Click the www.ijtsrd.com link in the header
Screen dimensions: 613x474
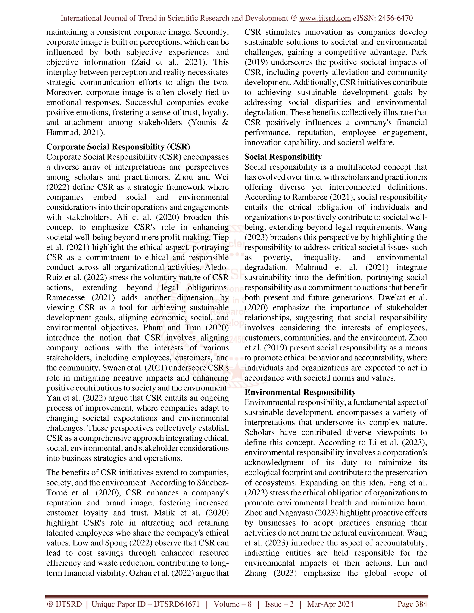click(x=325, y=18)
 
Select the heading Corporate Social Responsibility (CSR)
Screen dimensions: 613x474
click(x=118, y=147)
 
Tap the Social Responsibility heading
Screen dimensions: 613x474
click(x=283, y=157)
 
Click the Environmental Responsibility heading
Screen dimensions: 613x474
click(x=300, y=392)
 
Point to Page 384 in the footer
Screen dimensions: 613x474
click(x=412, y=604)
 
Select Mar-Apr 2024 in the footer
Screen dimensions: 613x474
click(x=330, y=604)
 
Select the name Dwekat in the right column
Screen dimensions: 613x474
click(x=392, y=297)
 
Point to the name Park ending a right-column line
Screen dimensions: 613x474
click(x=419, y=52)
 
